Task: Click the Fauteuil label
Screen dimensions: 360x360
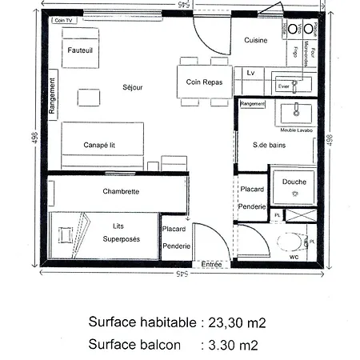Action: point(81,50)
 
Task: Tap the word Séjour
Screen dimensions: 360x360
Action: point(133,87)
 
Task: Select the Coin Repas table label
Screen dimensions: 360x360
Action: point(204,82)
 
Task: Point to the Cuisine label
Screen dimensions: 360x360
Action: point(255,40)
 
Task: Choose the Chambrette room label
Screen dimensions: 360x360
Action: point(122,192)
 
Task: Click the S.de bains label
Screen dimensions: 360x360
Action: point(269,146)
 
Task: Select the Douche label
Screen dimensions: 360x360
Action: point(294,182)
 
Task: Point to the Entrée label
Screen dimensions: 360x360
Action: point(212,264)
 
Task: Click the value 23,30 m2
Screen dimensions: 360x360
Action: point(236,322)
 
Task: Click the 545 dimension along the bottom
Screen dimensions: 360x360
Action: point(184,274)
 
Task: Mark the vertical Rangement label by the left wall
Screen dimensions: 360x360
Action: point(53,97)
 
